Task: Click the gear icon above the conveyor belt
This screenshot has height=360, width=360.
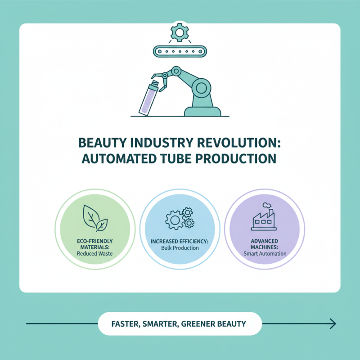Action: coord(180,32)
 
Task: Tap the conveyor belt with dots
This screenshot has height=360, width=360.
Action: coord(180,52)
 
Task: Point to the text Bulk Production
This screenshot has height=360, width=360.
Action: coord(180,248)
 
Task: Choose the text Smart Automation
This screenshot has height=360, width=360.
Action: coord(265,253)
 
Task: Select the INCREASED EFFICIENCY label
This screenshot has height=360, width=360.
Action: coord(180,242)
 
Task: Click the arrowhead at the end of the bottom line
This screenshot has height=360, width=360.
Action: coord(333,323)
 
